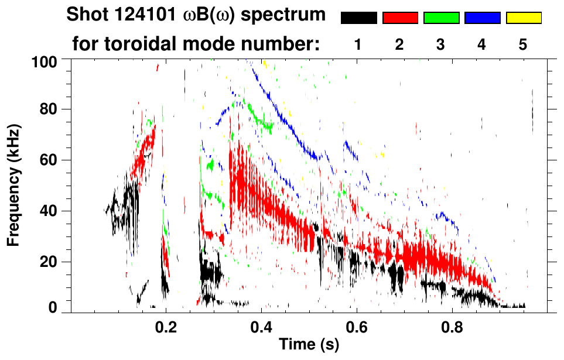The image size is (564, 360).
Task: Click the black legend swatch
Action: point(358,18)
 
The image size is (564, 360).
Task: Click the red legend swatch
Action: point(400,18)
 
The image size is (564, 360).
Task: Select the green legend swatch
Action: point(441,18)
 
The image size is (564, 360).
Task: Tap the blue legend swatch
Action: point(482,18)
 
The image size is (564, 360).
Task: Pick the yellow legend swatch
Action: point(524,18)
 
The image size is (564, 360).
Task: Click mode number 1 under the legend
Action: point(358,44)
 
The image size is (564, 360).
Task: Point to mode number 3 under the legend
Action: point(441,44)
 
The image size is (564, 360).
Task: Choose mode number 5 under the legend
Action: point(523,44)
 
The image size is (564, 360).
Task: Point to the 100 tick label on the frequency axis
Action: point(45,60)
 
